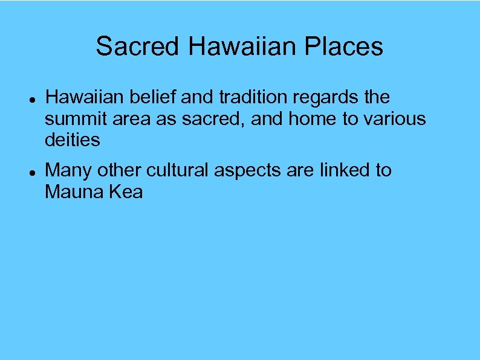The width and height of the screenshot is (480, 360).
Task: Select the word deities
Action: pos(72,140)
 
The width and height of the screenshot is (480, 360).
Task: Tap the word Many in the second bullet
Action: pos(68,171)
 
